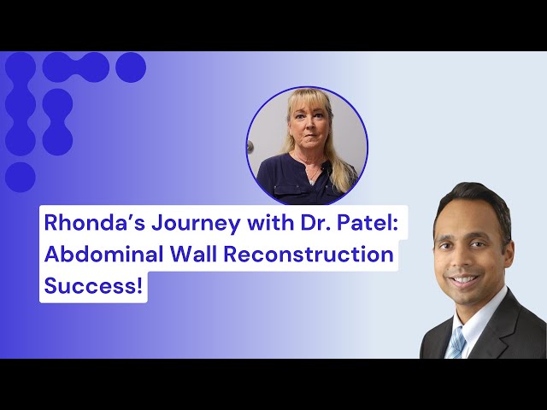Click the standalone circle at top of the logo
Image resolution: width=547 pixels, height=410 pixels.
click(131, 67)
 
